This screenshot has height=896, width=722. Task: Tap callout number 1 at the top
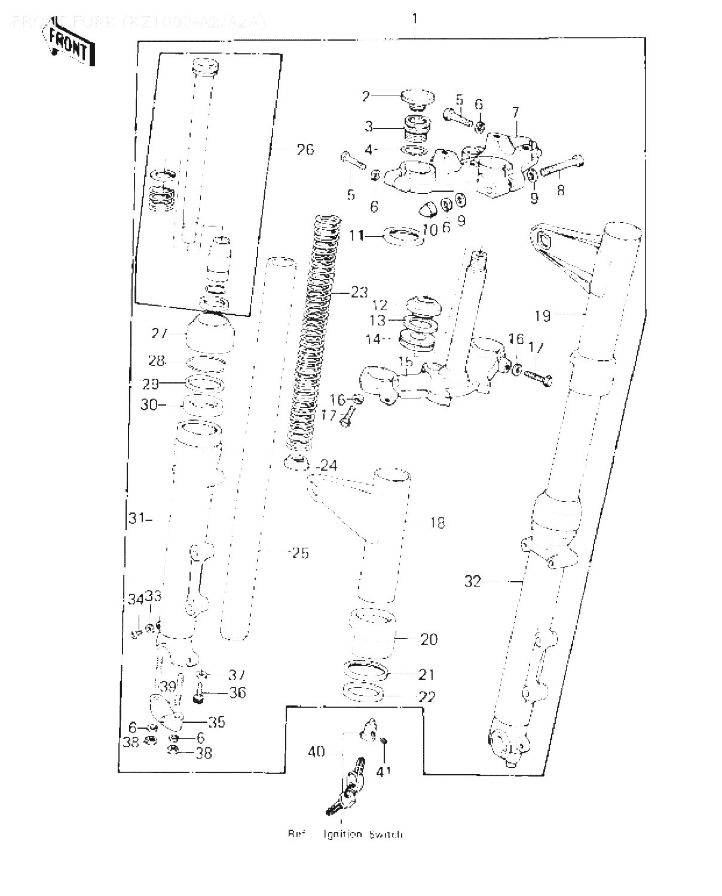(415, 19)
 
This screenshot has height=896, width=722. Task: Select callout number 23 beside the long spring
(359, 293)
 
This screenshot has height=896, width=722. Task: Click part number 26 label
(305, 149)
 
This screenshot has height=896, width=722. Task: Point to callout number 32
(473, 581)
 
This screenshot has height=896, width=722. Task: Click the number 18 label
(438, 523)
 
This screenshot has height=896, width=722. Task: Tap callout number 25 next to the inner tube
(300, 553)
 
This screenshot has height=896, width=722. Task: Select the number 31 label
(137, 518)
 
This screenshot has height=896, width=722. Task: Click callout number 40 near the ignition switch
(316, 751)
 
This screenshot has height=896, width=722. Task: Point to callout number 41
(383, 771)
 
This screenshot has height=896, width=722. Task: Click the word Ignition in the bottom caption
(343, 834)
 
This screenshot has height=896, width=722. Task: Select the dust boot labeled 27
(211, 335)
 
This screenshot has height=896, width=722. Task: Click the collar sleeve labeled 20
(373, 634)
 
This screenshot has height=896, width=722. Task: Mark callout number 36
(237, 693)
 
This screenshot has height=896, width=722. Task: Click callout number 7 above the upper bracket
(516, 112)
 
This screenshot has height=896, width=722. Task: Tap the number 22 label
(427, 696)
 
